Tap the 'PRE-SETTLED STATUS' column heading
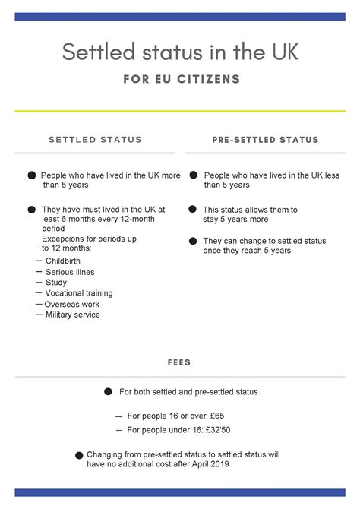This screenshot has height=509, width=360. (265, 140)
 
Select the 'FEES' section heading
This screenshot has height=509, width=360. (180, 362)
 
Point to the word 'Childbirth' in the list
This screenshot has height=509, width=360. (65, 261)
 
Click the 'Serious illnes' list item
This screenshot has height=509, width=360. (70, 272)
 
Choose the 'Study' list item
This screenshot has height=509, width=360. (56, 283)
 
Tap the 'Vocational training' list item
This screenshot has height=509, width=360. (79, 293)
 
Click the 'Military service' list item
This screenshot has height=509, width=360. (72, 315)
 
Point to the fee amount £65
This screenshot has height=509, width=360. (215, 416)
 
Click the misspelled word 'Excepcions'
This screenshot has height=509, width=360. (62, 239)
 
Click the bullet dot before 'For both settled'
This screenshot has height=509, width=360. (108, 392)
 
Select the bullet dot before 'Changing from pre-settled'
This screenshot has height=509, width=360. (80, 455)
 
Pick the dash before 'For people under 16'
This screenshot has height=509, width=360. (118, 430)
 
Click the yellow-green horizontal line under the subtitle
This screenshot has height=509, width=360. (180, 112)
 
